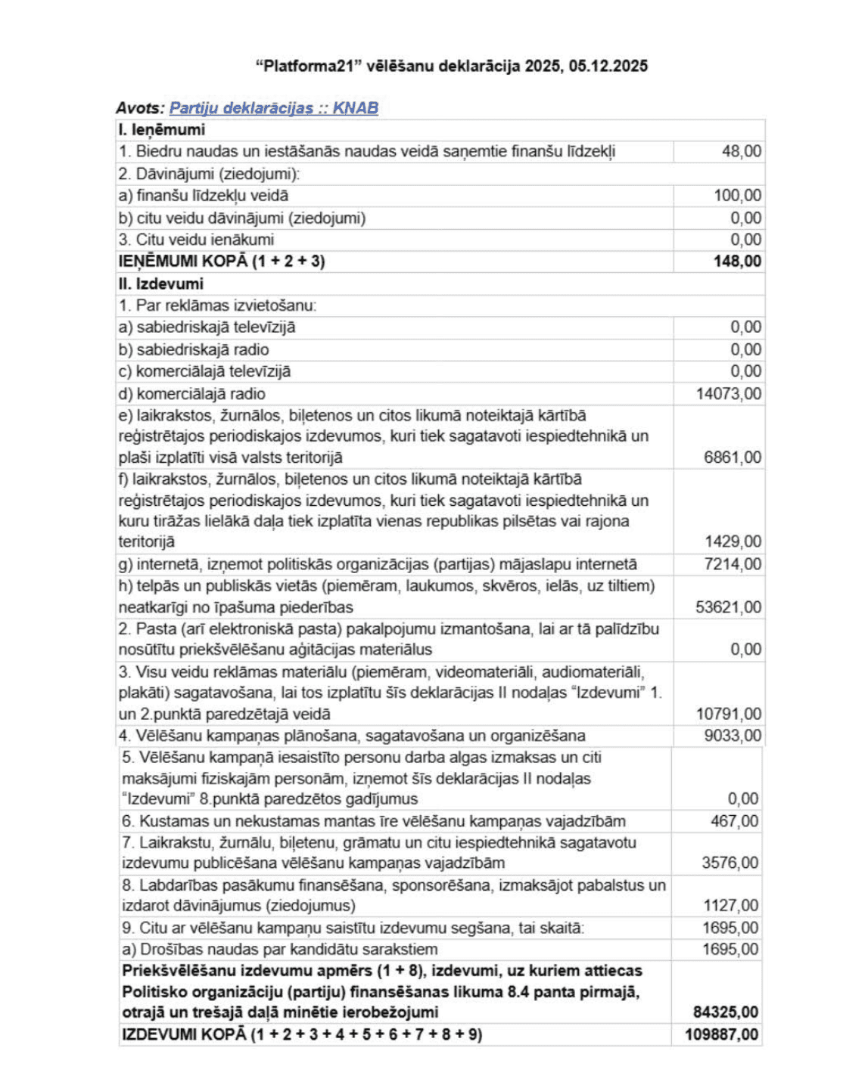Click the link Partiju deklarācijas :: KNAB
click(x=273, y=108)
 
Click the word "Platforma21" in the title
click(x=309, y=66)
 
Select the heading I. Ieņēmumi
click(x=162, y=129)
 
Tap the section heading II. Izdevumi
click(x=161, y=284)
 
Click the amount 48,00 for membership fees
click(x=742, y=151)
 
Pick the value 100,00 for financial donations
click(x=738, y=195)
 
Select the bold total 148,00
click(x=738, y=262)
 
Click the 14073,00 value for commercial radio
click(x=729, y=393)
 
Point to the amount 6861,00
click(x=733, y=457)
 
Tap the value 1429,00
click(x=733, y=541)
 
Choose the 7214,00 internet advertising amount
click(x=733, y=564)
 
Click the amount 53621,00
click(x=729, y=607)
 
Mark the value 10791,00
click(x=729, y=714)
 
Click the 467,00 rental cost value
click(x=735, y=821)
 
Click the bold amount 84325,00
click(x=726, y=1012)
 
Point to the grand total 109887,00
click(x=722, y=1034)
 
